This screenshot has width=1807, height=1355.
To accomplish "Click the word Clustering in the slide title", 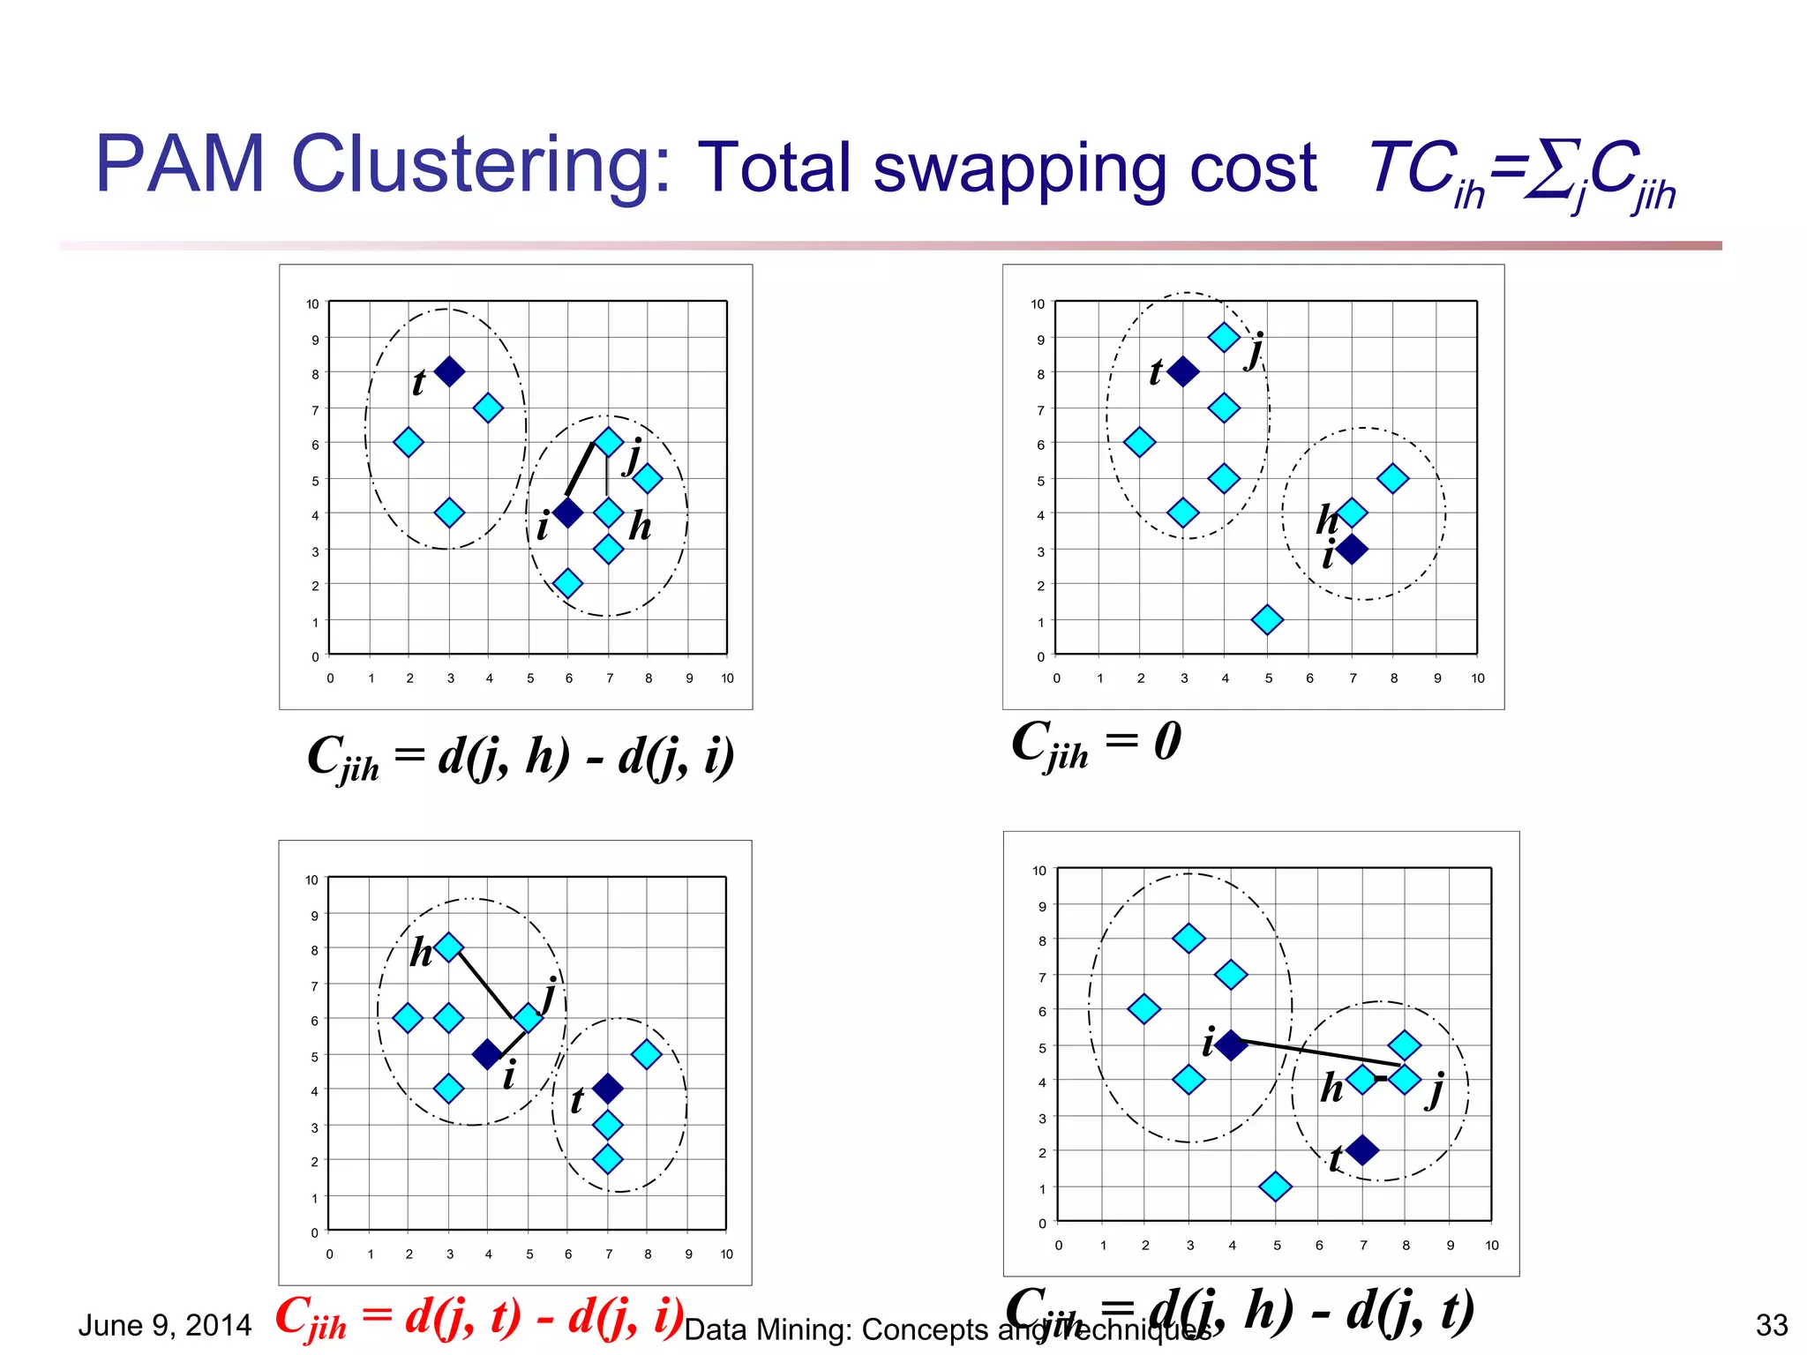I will click(x=481, y=166).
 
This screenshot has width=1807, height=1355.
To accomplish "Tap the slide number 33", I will click(x=1772, y=1325).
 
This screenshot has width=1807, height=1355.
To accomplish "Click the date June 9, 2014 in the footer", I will click(x=165, y=1325).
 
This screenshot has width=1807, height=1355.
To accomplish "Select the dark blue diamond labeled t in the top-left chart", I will click(x=449, y=371).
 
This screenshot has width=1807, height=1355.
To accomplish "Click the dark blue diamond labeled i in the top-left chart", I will click(x=567, y=513).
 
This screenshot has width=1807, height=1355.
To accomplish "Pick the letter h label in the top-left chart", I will click(x=640, y=527).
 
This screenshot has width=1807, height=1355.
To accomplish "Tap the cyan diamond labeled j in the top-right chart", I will click(x=1224, y=337).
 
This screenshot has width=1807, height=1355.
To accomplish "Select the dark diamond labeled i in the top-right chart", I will click(x=1352, y=550).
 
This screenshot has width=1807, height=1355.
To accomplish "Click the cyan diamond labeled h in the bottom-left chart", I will click(x=448, y=947).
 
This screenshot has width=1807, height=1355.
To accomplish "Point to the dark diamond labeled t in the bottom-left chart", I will click(x=607, y=1089).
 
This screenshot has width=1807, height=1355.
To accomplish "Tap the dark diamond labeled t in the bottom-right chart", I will click(x=1362, y=1149).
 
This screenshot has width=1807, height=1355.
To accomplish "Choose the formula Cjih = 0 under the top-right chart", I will click(x=1096, y=743).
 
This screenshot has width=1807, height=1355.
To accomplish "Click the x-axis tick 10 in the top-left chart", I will click(x=727, y=678).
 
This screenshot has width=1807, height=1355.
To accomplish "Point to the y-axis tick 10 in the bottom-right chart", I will click(x=1039, y=871).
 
